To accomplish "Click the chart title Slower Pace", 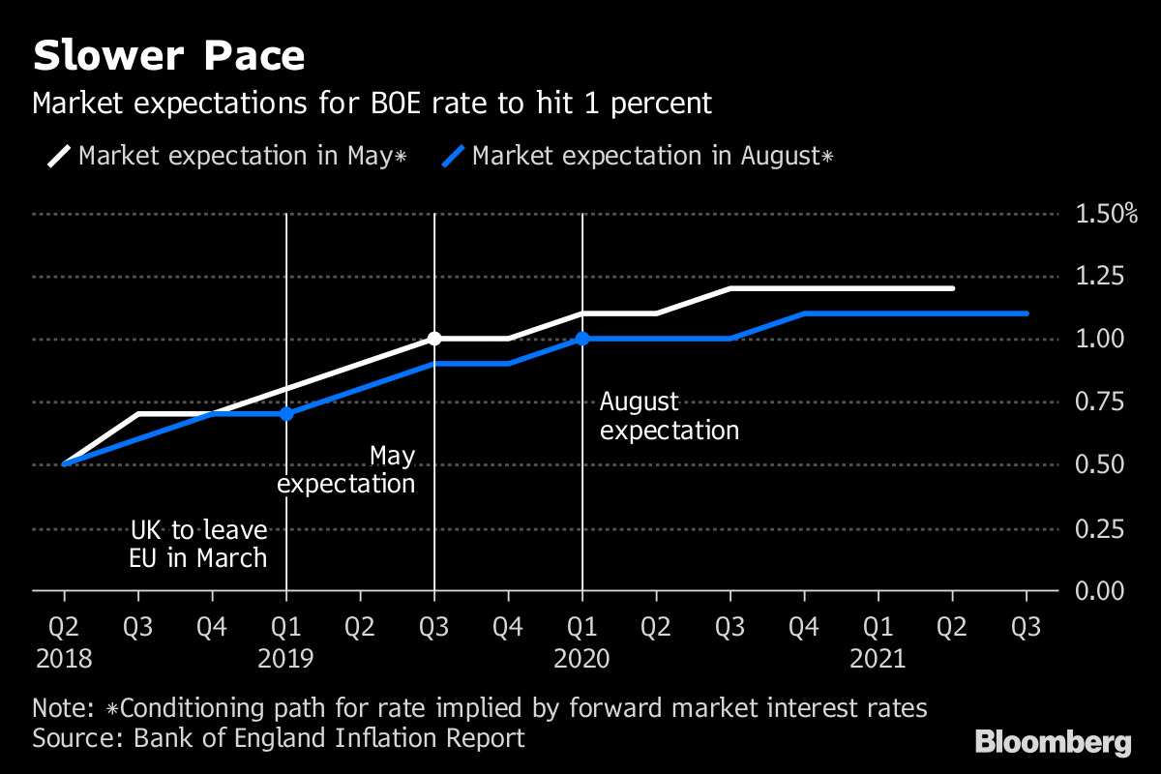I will point(168,56).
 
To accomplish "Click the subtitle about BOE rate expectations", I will point(372,104).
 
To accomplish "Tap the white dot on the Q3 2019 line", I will point(434,338).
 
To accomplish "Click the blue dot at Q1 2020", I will point(581,338).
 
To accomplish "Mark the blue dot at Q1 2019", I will point(286,413).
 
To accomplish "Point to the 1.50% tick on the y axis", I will point(1107,214).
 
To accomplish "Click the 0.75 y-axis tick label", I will point(1099,402).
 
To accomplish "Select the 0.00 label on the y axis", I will point(1099,590).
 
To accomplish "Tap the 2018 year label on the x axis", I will point(64,660).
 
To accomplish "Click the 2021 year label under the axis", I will point(878,660).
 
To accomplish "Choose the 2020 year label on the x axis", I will point(581,660).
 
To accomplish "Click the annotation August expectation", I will point(669,416).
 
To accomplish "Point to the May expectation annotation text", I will point(346,469).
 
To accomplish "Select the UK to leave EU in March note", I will point(198,544).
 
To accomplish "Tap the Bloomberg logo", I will point(1053,743).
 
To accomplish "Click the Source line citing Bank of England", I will point(279,738).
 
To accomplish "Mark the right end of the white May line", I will point(953,288).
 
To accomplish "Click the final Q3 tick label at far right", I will point(1026,628).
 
